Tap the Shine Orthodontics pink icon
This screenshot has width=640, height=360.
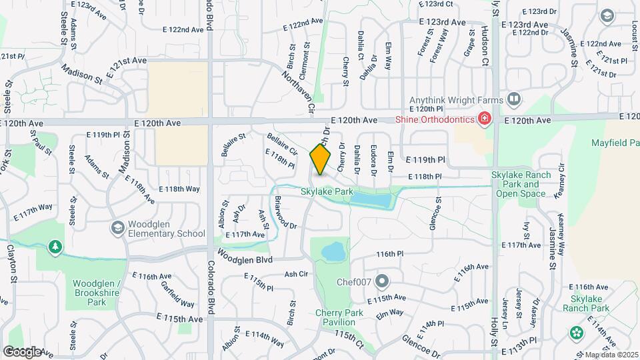coord(485,119)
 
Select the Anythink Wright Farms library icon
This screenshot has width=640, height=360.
coord(514,100)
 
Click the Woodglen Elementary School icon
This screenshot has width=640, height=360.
coord(117,229)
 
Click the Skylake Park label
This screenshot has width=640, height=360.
coord(327,192)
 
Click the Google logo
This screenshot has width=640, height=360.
coord(22,351)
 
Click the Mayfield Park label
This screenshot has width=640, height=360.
coord(615,143)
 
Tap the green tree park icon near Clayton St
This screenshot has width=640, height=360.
coord(55,247)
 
